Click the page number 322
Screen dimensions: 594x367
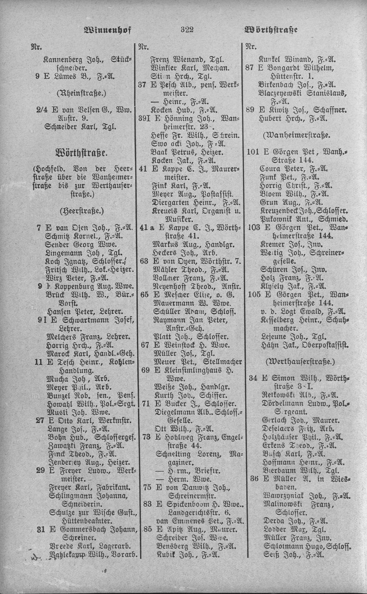pos(187,30)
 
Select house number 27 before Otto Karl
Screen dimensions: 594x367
pos(40,420)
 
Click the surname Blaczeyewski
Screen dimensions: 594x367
pos(283,93)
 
